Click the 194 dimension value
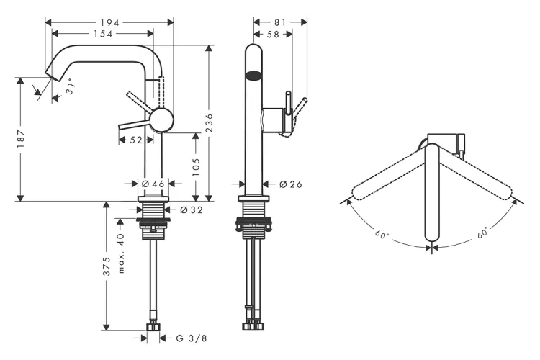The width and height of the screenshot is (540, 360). point(111,22)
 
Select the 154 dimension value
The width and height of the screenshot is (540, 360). point(101,34)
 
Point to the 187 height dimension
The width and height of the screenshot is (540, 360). point(21,135)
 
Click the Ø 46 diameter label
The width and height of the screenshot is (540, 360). point(153,184)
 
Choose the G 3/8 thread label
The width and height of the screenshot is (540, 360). point(192,337)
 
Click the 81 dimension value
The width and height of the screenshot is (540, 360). point(281,22)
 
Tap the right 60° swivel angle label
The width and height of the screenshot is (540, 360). point(482,232)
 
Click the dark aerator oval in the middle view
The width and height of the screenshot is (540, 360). point(253,73)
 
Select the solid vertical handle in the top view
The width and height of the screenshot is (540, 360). point(432,194)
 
